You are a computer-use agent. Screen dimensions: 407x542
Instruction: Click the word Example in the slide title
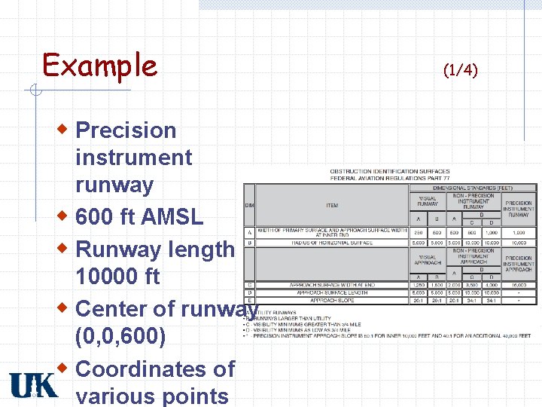[x=99, y=66]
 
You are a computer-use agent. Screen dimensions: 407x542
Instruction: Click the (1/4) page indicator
[x=460, y=70]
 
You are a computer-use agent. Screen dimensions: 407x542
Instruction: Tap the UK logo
[x=33, y=384]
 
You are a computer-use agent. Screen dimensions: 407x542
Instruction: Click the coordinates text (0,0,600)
[x=120, y=335]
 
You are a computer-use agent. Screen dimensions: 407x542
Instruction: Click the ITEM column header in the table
[x=332, y=205]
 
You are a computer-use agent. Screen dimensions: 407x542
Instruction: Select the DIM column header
[x=248, y=205]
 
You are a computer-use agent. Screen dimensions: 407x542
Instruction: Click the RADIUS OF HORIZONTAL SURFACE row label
[x=332, y=243]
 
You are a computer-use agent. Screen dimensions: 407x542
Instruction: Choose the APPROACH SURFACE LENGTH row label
[x=332, y=292]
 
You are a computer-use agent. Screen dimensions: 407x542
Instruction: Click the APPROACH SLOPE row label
[x=332, y=300]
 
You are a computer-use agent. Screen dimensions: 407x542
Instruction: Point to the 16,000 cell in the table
[x=518, y=285]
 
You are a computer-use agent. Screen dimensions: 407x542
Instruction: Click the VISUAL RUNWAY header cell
[x=428, y=202]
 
